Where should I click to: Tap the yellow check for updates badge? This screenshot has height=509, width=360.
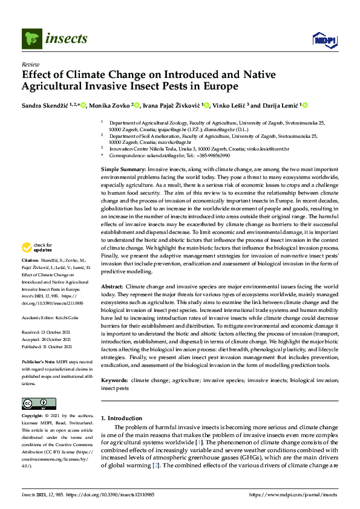36,247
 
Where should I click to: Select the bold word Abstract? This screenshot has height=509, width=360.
112,285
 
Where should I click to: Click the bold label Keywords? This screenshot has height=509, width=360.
115,380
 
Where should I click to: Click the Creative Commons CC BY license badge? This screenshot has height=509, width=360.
36,403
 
